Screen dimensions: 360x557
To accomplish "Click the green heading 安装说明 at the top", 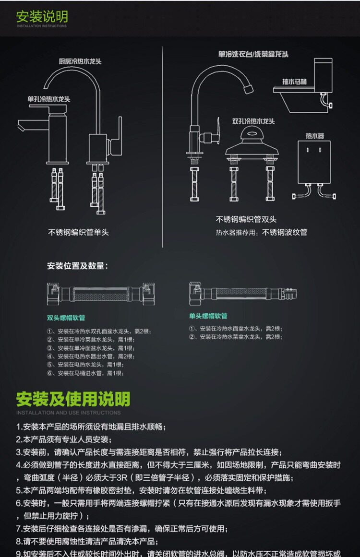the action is click(42, 16).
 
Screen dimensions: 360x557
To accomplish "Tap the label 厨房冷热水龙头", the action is click(80, 62).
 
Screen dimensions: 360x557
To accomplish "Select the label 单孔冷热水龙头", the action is click(48, 99).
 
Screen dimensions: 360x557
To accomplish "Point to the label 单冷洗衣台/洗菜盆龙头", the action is click(253, 54).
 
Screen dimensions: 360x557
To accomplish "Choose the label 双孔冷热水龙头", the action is click(253, 121).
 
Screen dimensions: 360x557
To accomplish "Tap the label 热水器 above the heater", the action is click(315, 136).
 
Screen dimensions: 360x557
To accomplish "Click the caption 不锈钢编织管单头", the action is click(79, 232).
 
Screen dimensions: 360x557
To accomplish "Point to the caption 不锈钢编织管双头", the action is click(246, 220).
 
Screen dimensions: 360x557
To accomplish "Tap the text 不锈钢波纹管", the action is click(285, 233).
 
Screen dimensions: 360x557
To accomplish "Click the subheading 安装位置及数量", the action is click(77, 266).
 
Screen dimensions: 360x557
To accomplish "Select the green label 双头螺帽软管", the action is click(66, 318).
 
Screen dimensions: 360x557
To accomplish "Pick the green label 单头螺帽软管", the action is click(208, 316).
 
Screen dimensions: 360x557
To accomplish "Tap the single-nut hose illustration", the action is click(242, 293).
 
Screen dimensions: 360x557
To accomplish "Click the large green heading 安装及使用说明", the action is click(73, 399).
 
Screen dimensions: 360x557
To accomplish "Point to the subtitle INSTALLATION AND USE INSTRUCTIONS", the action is click(68, 413).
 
